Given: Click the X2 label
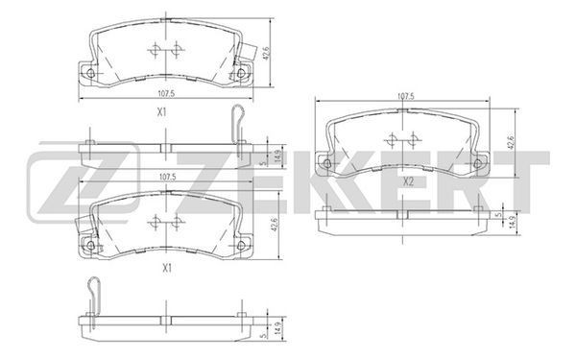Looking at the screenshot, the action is coord(408,181).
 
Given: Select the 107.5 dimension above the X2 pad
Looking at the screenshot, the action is coord(406,96).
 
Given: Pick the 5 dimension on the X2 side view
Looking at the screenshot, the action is coord(498,215).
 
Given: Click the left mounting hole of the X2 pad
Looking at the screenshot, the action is coord(326,163).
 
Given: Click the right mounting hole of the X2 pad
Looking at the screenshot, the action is coord(477,163).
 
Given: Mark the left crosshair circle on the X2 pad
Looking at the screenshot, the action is coord(392,140).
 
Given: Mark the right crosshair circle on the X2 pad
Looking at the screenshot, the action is coord(413,140).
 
